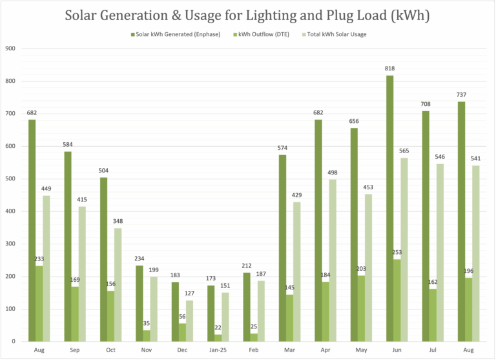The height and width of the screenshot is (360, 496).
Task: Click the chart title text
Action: (248, 15)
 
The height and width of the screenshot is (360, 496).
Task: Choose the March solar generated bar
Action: (282, 248)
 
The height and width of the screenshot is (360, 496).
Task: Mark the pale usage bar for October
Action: (118, 284)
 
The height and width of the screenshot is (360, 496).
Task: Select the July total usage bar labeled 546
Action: (440, 252)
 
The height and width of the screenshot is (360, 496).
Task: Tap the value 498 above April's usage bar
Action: (332, 172)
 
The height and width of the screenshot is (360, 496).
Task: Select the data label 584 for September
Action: (67, 144)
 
